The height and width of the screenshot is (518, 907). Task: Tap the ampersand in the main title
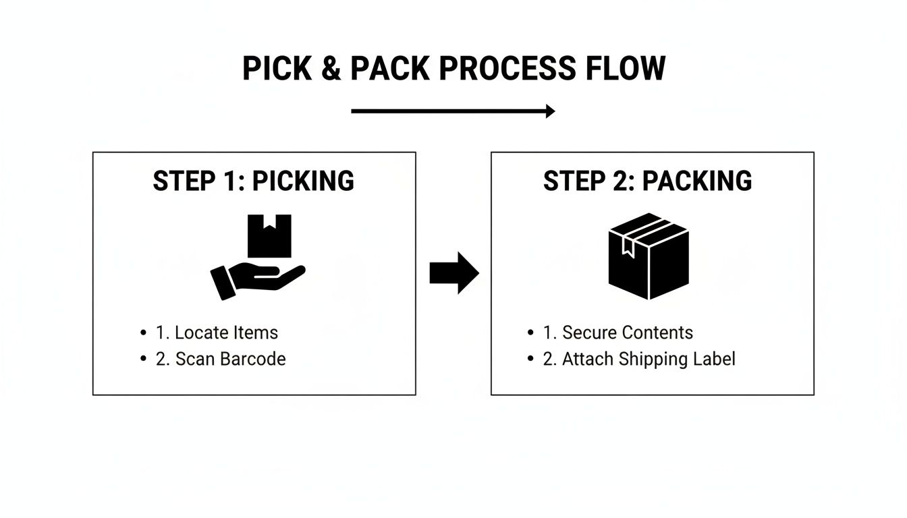[331, 69]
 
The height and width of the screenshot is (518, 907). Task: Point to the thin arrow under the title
[452, 111]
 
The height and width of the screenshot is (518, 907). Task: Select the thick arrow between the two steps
[453, 273]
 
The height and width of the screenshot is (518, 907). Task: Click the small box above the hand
[269, 236]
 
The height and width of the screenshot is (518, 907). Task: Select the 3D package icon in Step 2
[649, 256]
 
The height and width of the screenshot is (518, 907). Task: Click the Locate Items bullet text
[217, 333]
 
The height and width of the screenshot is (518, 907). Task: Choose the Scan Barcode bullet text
[221, 359]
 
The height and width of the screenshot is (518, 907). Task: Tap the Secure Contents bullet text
[617, 333]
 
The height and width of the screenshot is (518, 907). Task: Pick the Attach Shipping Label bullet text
[639, 359]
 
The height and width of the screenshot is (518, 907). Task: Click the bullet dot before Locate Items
[143, 333]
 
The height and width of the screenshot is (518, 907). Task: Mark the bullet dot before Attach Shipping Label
[530, 359]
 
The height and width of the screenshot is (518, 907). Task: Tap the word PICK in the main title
[277, 69]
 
